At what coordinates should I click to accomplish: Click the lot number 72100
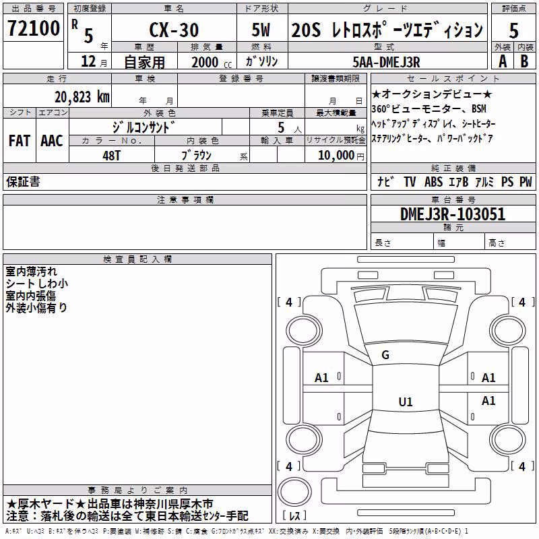coord(34,28)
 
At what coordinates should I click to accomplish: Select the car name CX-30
coord(174,30)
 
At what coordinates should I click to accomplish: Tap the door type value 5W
coord(261,30)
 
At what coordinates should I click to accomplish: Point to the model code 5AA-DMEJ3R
coord(386,62)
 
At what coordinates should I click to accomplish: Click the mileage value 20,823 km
coord(82,97)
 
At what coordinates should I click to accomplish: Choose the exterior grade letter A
coord(503,61)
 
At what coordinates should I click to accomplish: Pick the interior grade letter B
coord(524,61)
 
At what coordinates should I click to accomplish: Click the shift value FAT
coord(20,141)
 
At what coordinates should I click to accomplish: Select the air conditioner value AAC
coord(52,141)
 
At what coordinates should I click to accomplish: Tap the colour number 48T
coord(112,156)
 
